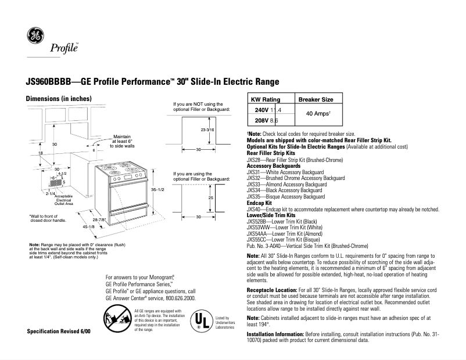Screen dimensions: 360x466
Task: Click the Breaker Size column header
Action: (x=316, y=100)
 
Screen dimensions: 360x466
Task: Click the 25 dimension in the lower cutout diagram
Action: (x=210, y=198)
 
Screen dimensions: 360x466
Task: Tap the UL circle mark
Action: (x=199, y=321)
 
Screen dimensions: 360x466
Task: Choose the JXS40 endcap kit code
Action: (x=253, y=208)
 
